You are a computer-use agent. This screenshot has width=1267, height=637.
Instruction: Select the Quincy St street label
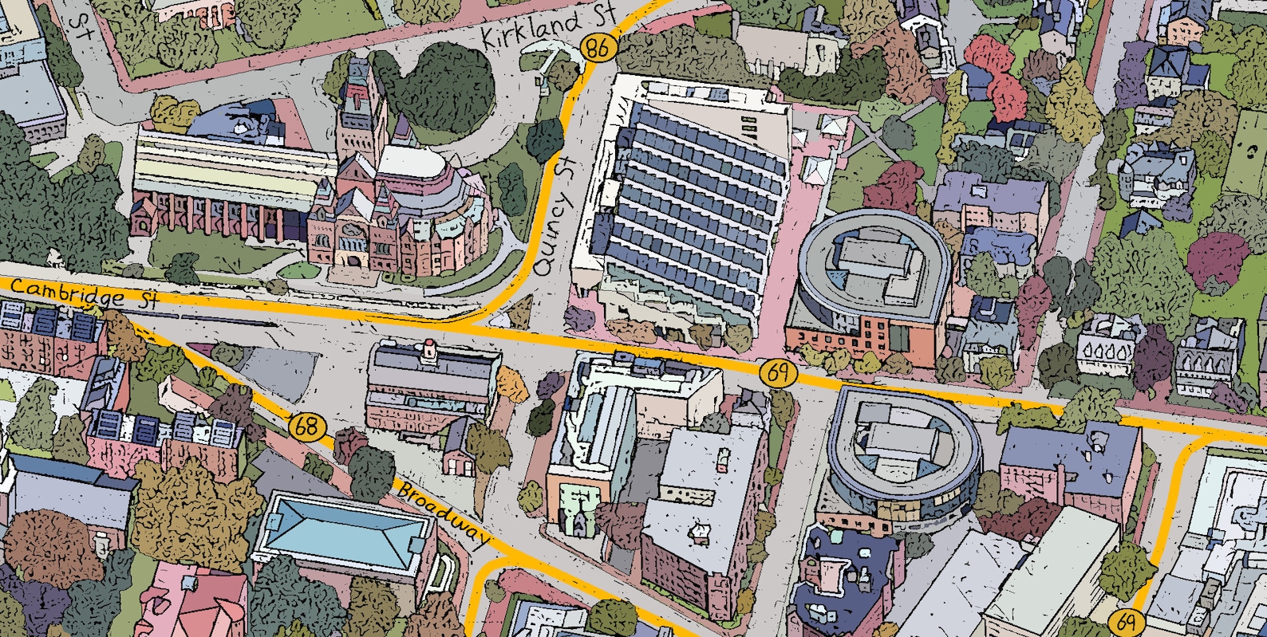coord(555,216)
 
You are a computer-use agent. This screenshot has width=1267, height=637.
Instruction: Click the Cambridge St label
coord(84,293)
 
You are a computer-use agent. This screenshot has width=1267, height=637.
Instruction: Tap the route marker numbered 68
coord(307,427)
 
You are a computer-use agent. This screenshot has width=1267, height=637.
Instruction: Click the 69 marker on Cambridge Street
coord(778,372)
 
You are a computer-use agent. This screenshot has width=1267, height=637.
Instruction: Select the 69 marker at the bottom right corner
coord(1126,621)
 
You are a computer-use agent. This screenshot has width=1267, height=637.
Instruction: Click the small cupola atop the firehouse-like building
coord(430,348)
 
